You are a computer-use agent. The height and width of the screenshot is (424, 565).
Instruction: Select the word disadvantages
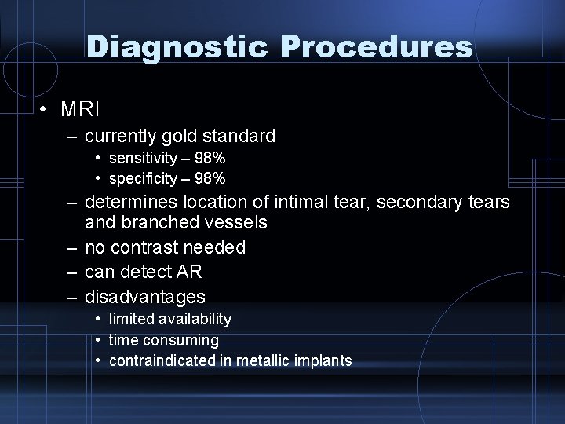click(x=145, y=297)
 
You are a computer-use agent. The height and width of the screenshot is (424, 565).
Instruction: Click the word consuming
click(x=181, y=340)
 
